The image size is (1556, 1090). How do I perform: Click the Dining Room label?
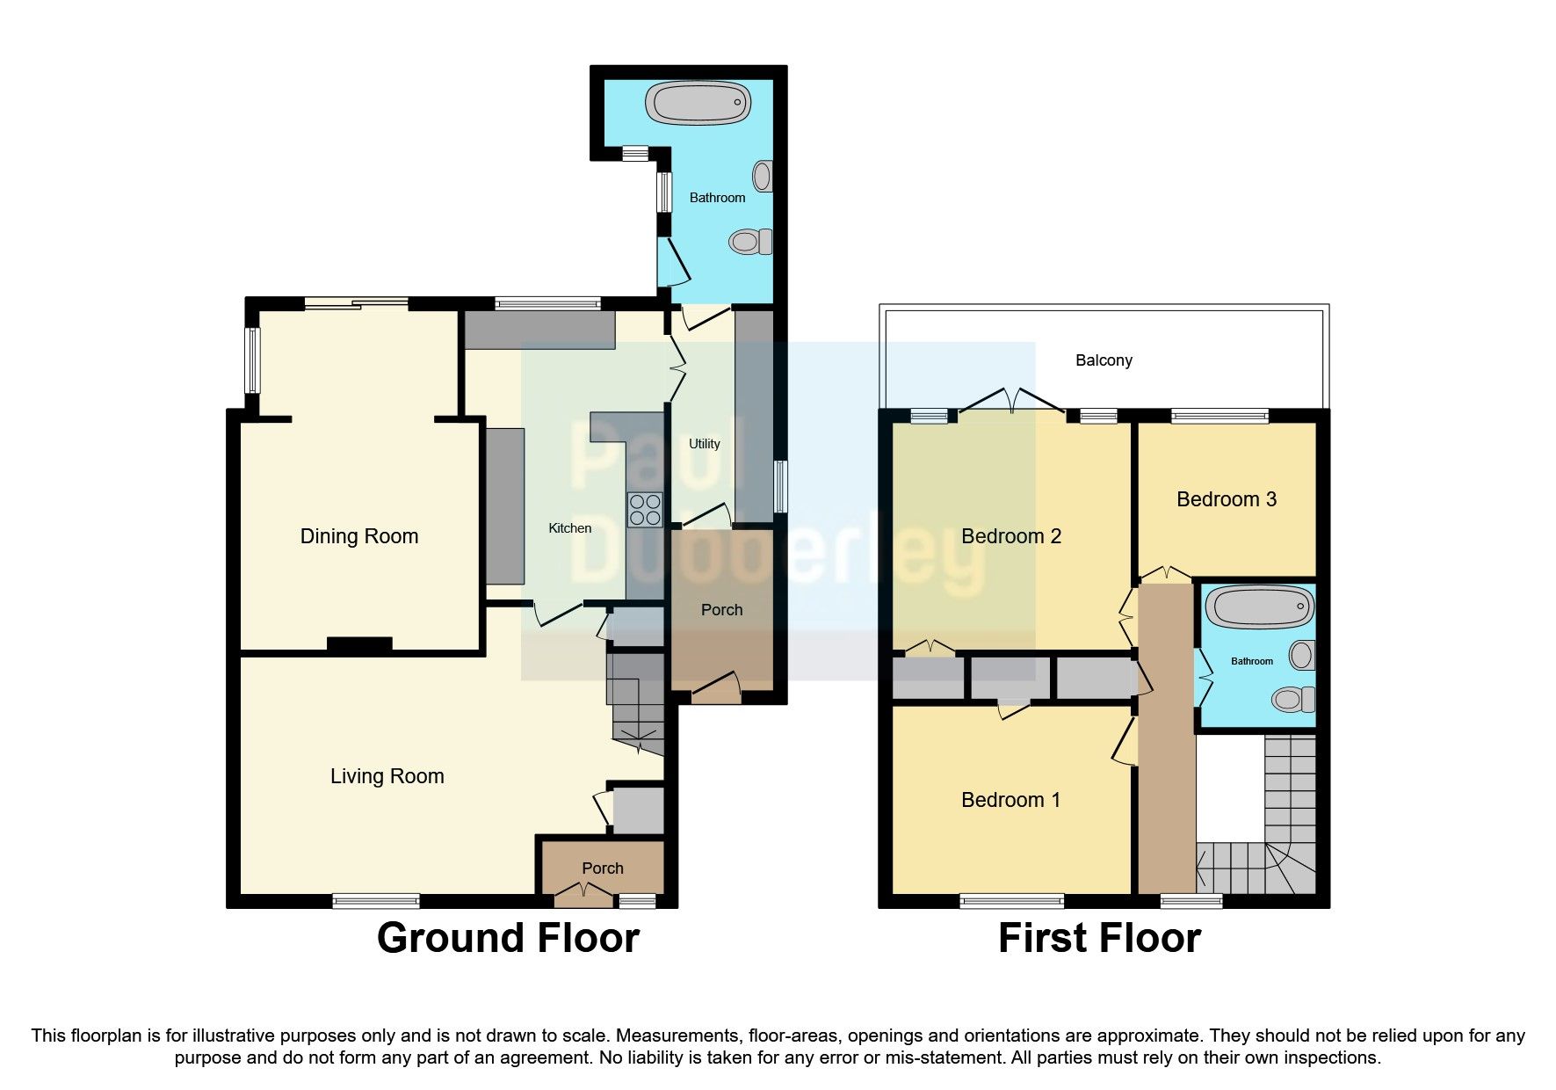pyautogui.click(x=358, y=536)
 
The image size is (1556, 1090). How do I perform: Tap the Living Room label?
pyautogui.click(x=387, y=776)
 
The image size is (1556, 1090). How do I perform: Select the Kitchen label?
pyautogui.click(x=569, y=528)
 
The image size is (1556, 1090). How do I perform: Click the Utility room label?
pyautogui.click(x=704, y=444)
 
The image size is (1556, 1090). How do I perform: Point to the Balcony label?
pyautogui.click(x=1104, y=360)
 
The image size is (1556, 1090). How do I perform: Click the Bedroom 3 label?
pyautogui.click(x=1226, y=499)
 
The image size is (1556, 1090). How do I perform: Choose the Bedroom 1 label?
pyautogui.click(x=1010, y=800)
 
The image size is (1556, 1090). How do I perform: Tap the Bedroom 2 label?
pyautogui.click(x=1010, y=536)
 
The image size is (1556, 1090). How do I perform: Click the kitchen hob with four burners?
pyautogui.click(x=644, y=510)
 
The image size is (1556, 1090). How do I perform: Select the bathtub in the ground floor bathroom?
pyautogui.click(x=698, y=103)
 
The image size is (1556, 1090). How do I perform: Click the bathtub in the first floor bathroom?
pyautogui.click(x=1259, y=607)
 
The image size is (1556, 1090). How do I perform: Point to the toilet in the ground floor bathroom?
pyautogui.click(x=750, y=241)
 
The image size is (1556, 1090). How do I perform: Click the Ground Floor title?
pyautogui.click(x=508, y=938)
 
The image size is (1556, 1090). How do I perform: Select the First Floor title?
pyautogui.click(x=1099, y=938)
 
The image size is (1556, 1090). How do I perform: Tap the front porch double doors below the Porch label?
pyautogui.click(x=584, y=896)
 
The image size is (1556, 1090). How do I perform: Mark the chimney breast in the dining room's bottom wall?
pyautogui.click(x=359, y=645)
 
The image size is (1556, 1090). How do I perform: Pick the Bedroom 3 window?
pyautogui.click(x=1219, y=416)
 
